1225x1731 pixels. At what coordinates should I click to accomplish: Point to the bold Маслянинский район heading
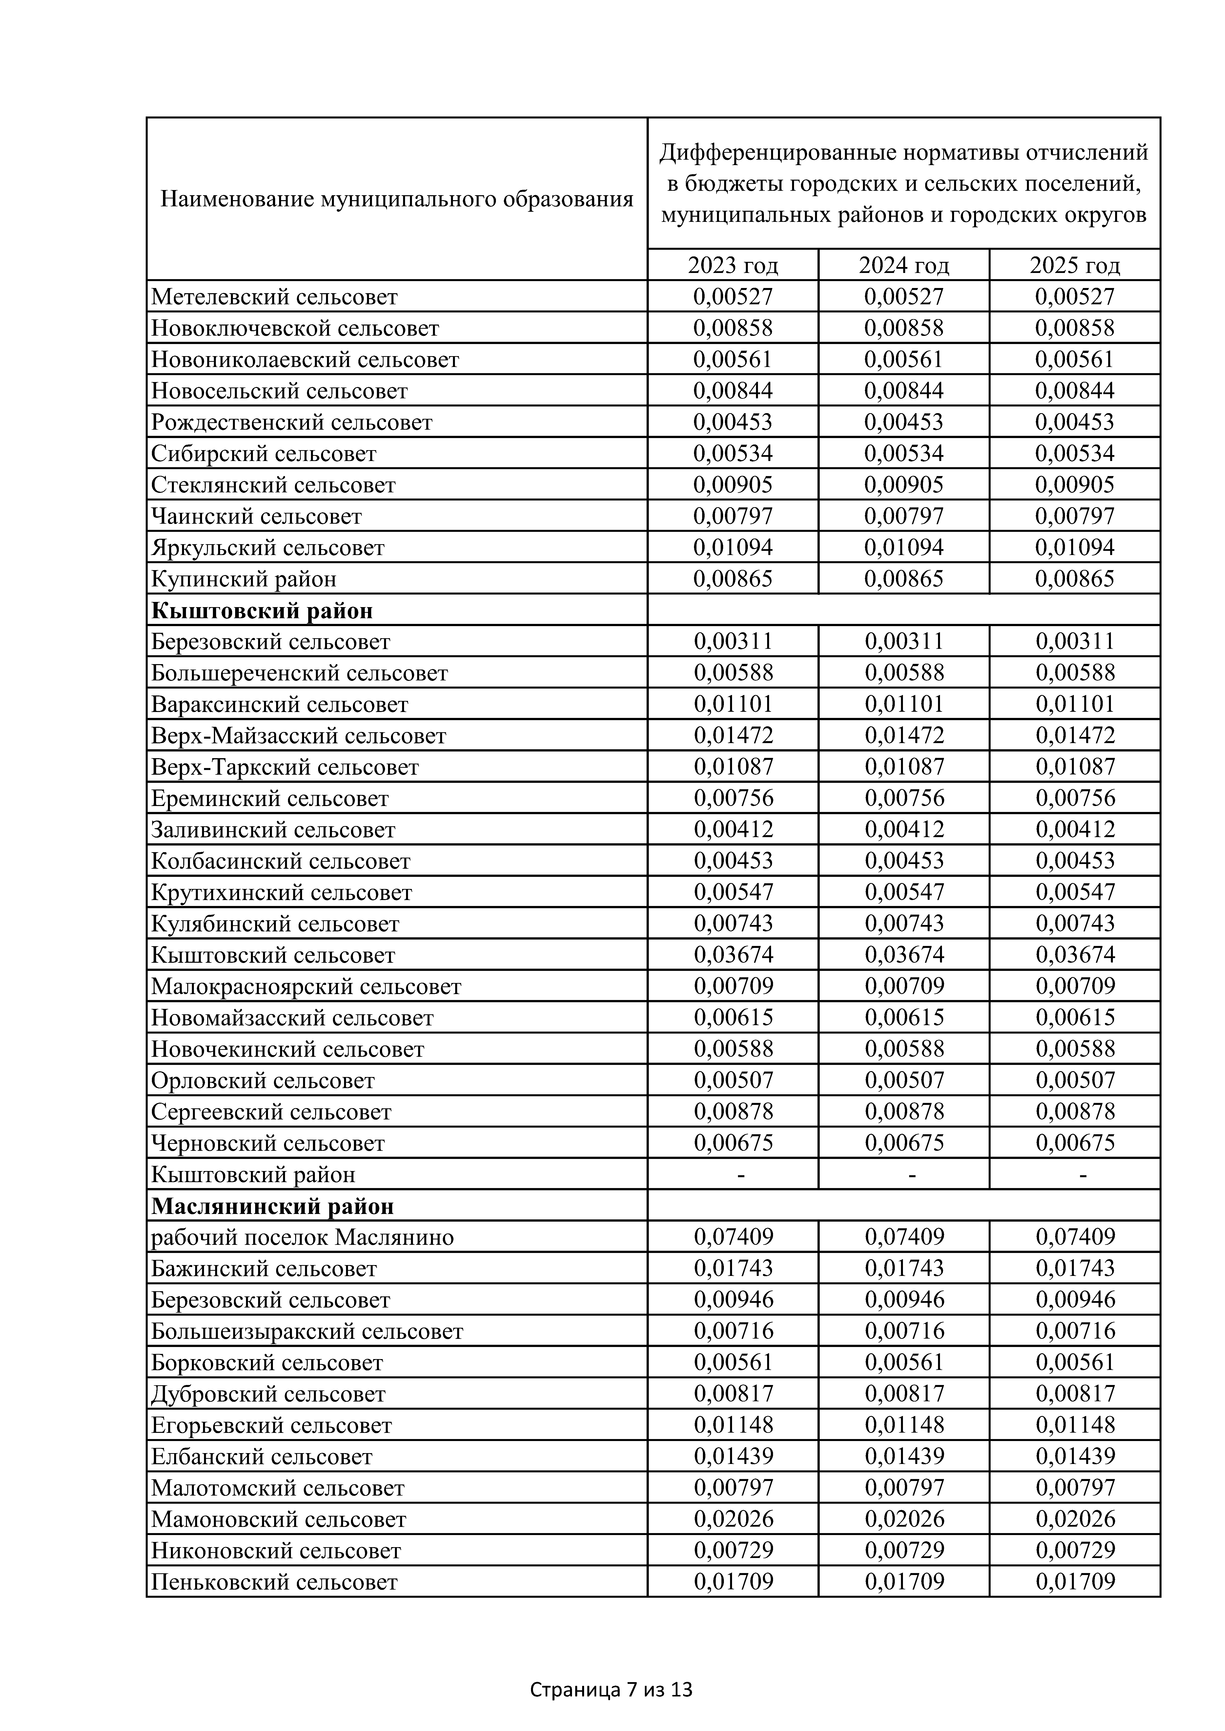click(272, 1206)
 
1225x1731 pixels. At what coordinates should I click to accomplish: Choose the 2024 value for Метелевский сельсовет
click(904, 296)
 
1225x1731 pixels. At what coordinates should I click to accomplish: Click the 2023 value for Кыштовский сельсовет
click(733, 954)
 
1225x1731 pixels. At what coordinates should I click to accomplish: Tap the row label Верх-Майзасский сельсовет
click(299, 735)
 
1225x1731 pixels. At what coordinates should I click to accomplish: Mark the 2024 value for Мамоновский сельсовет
click(904, 1519)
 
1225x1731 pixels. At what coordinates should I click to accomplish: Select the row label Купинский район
click(244, 579)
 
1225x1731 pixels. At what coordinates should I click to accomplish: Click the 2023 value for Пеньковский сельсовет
click(733, 1581)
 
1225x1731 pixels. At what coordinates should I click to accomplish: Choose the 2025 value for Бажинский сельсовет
click(1075, 1268)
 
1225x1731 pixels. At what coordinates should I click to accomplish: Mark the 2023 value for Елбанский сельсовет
click(733, 1456)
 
